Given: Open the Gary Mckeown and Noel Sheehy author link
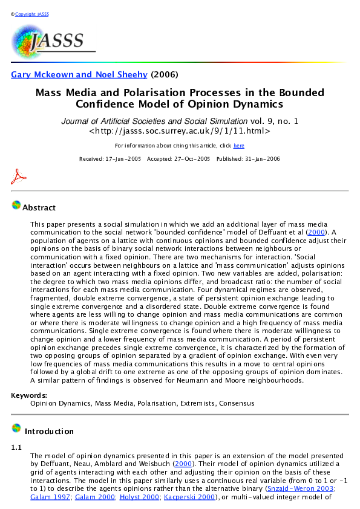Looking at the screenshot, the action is point(79,75).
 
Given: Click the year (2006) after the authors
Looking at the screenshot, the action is point(165,75).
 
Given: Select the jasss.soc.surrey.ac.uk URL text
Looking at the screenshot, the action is point(180,131).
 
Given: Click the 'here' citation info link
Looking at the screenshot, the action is point(239,146).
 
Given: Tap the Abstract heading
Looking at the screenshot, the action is point(39,208).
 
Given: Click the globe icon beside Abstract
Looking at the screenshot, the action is point(16,206).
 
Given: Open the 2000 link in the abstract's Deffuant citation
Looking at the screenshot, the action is point(315,232).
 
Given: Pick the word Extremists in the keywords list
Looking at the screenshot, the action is point(198,403).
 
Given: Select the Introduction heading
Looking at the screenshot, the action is point(49,432).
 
